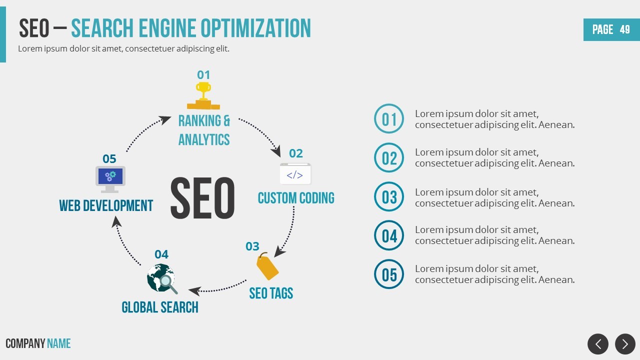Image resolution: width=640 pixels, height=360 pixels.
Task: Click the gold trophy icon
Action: click(x=203, y=95)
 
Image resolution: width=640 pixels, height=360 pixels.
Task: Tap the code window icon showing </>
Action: click(x=295, y=174)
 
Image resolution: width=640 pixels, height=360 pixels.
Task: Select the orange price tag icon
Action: click(x=267, y=266)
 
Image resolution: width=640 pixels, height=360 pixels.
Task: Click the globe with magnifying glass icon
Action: click(x=161, y=279)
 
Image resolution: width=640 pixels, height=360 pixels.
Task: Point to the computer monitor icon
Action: click(x=110, y=179)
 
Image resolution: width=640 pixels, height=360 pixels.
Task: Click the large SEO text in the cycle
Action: click(x=202, y=198)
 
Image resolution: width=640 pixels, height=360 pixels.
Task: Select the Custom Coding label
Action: click(x=296, y=198)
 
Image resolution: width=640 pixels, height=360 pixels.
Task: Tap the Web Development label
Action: click(x=106, y=205)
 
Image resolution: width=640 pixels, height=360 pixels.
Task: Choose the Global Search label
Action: click(x=160, y=307)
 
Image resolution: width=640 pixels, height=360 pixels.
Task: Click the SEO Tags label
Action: click(x=271, y=293)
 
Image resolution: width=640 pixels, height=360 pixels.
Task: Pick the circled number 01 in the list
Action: click(x=389, y=119)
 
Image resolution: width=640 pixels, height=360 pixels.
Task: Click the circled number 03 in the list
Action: click(x=389, y=196)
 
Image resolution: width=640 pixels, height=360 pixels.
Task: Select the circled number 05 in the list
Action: click(x=389, y=274)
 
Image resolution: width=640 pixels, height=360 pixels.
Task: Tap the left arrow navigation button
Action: click(x=598, y=344)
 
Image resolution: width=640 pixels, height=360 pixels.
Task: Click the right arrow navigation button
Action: click(x=625, y=344)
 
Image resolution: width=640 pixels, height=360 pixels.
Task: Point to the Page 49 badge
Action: click(x=611, y=29)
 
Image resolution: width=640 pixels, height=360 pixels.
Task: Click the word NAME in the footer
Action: click(x=59, y=343)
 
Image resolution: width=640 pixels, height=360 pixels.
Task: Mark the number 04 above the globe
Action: click(x=161, y=254)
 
